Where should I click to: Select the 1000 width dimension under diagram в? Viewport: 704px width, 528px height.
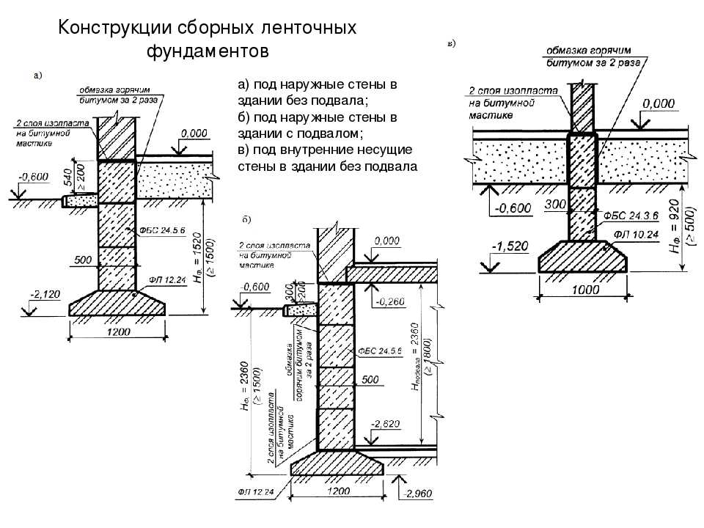(582, 290)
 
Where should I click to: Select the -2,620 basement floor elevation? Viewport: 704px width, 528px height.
(385, 424)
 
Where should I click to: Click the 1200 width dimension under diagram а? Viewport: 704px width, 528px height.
(117, 332)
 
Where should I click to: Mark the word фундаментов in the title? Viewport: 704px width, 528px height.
(208, 52)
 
